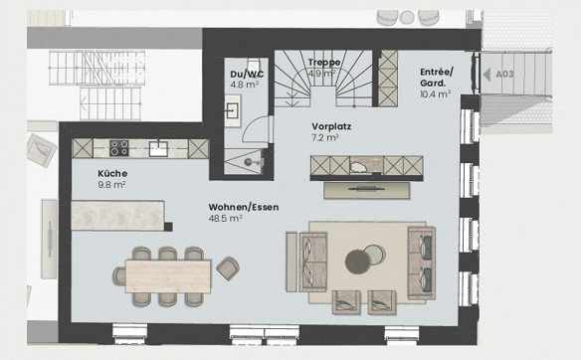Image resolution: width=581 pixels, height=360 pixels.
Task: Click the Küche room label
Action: tap(112, 173)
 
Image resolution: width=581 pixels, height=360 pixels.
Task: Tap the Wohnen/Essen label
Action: tap(244, 207)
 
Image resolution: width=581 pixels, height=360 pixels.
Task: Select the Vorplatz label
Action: tap(331, 126)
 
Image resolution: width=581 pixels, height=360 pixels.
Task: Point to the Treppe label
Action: tap(324, 63)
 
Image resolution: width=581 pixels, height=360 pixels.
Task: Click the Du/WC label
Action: tap(247, 74)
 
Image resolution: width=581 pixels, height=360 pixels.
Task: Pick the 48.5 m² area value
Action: tap(225, 218)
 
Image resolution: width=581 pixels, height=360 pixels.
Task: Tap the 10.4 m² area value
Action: tap(436, 94)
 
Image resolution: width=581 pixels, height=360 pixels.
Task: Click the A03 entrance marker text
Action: tap(505, 74)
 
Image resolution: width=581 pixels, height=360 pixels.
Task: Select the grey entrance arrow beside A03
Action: tap(486, 74)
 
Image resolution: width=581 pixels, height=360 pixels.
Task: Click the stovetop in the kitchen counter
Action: tap(119, 148)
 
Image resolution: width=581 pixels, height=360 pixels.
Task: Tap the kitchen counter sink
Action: tap(158, 148)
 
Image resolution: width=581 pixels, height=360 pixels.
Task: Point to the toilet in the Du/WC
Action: tap(254, 64)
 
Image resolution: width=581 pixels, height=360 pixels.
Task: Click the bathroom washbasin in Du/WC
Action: tap(233, 110)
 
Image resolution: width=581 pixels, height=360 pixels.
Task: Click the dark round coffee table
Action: tap(357, 262)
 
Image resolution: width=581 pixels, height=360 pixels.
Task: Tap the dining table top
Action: tap(168, 276)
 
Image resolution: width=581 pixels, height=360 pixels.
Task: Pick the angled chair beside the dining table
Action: tap(228, 269)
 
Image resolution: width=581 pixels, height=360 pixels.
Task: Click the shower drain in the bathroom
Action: tap(249, 161)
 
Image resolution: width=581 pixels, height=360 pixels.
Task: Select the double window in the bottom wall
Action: tap(265, 332)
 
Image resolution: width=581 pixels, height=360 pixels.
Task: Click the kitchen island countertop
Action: tap(117, 216)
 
